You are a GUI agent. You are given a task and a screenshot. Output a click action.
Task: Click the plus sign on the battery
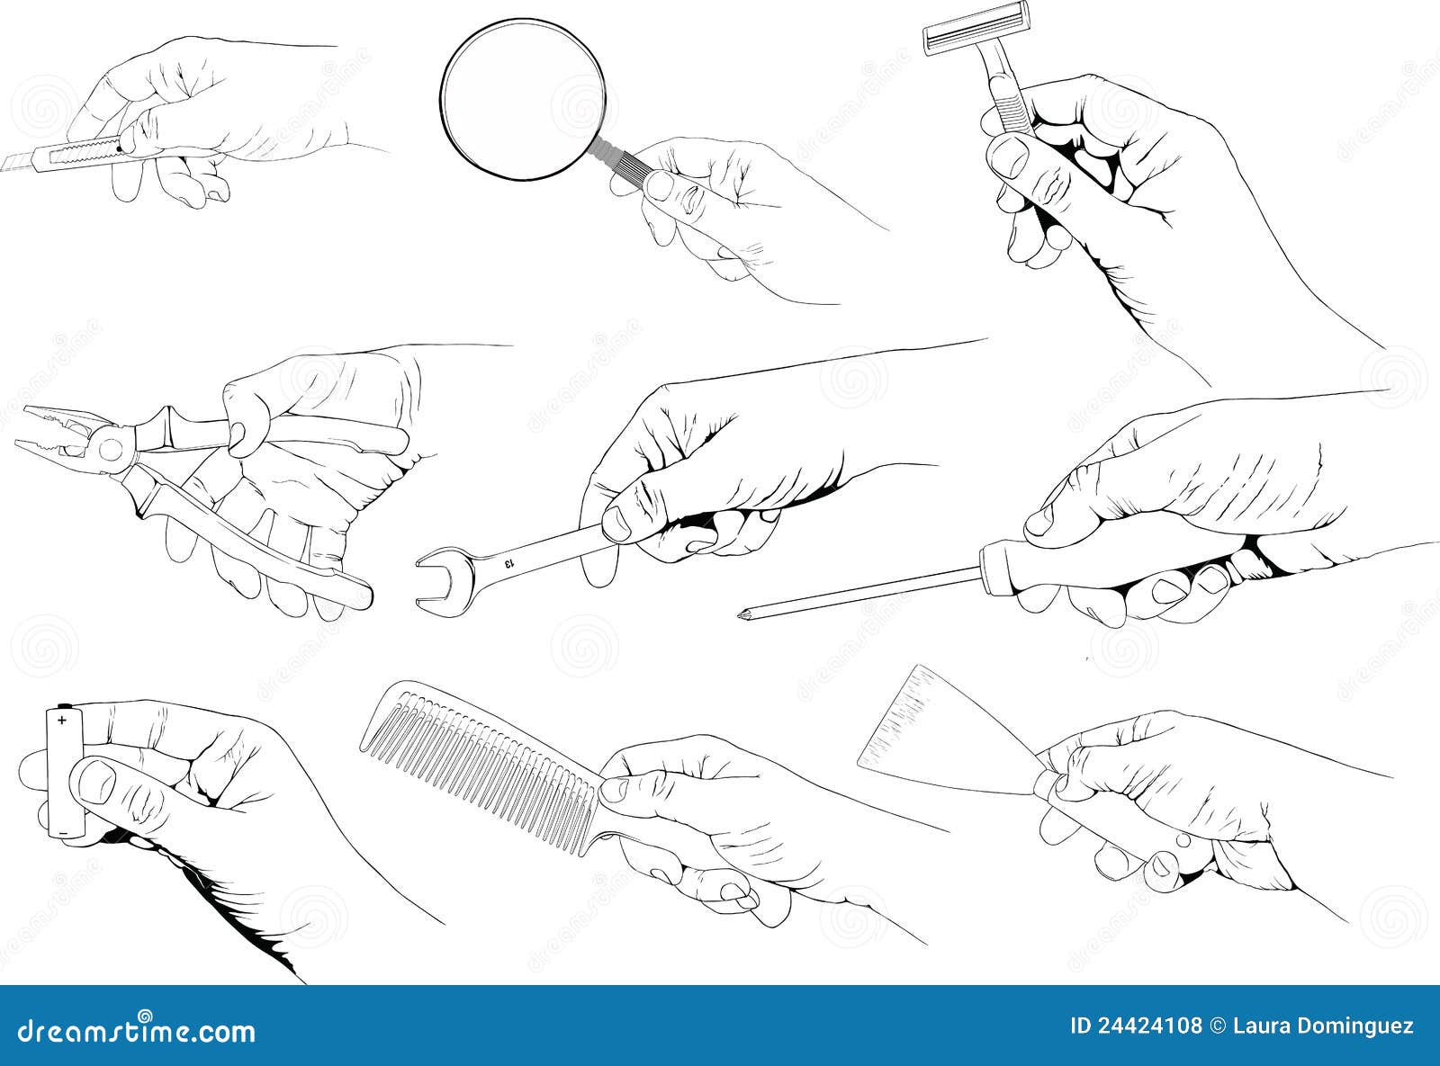[62, 721]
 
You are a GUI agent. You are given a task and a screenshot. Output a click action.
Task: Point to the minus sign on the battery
[63, 833]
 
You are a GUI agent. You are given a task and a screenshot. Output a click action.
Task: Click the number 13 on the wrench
[508, 563]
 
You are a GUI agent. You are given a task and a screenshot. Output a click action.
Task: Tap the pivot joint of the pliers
[112, 446]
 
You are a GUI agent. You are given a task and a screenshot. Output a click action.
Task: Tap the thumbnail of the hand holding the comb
[616, 789]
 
